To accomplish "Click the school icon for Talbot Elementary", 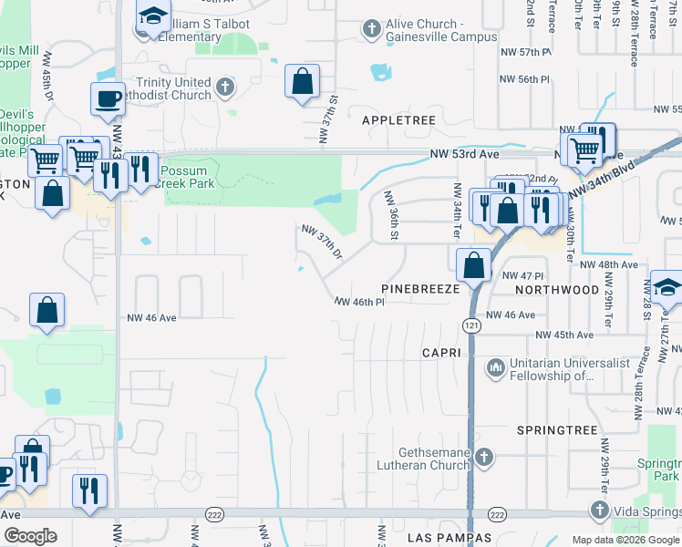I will pyautogui.click(x=153, y=16).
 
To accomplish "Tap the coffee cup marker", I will pyautogui.click(x=108, y=98).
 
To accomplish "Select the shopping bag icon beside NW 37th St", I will pyautogui.click(x=302, y=82).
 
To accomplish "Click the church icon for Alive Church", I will pyautogui.click(x=371, y=29).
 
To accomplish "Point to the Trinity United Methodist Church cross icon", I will pyautogui.click(x=224, y=88).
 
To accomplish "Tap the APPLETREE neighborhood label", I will pyautogui.click(x=399, y=120).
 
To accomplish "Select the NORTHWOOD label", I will pyautogui.click(x=557, y=289).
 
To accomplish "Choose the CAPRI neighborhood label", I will pyautogui.click(x=443, y=352).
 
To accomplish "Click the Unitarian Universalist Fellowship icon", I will pyautogui.click(x=496, y=367).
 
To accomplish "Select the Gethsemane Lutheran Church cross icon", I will pyautogui.click(x=484, y=457).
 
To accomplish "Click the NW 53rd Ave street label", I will pyautogui.click(x=465, y=154).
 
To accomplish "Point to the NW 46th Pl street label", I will pyautogui.click(x=361, y=301).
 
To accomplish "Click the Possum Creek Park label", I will pyautogui.click(x=188, y=177).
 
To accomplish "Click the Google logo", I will pyautogui.click(x=31, y=536).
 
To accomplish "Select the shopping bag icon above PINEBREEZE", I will pyautogui.click(x=474, y=265).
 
